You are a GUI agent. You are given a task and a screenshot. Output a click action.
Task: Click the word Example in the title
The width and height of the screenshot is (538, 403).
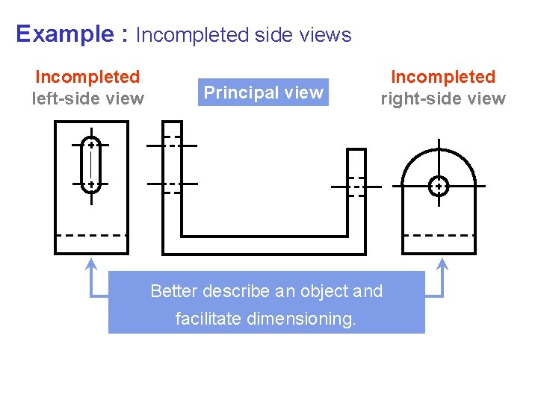tap(63, 34)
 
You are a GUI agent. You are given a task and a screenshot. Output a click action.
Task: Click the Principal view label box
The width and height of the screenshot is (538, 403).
tap(263, 93)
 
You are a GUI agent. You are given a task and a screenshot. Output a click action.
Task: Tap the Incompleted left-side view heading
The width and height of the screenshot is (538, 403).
tap(87, 87)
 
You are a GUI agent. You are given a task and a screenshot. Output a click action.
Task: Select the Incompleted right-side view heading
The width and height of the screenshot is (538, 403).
tap(443, 87)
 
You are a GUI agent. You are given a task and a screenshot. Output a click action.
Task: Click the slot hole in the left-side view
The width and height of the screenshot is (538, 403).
tap(90, 165)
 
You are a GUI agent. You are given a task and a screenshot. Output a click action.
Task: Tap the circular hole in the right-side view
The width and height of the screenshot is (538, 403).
tap(439, 185)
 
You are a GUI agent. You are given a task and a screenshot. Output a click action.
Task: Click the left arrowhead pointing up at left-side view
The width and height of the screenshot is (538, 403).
tap(91, 263)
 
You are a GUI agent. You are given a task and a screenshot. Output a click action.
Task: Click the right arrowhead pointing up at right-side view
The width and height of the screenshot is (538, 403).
tap(442, 263)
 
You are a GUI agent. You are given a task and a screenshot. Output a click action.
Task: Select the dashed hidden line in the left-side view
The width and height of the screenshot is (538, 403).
tap(91, 235)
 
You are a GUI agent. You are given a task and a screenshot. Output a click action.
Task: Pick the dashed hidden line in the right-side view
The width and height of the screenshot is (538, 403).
tap(439, 235)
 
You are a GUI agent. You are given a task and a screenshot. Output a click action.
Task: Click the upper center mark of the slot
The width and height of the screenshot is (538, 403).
tap(90, 146)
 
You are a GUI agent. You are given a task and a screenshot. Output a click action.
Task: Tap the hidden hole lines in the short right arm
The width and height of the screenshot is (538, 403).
tap(357, 186)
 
